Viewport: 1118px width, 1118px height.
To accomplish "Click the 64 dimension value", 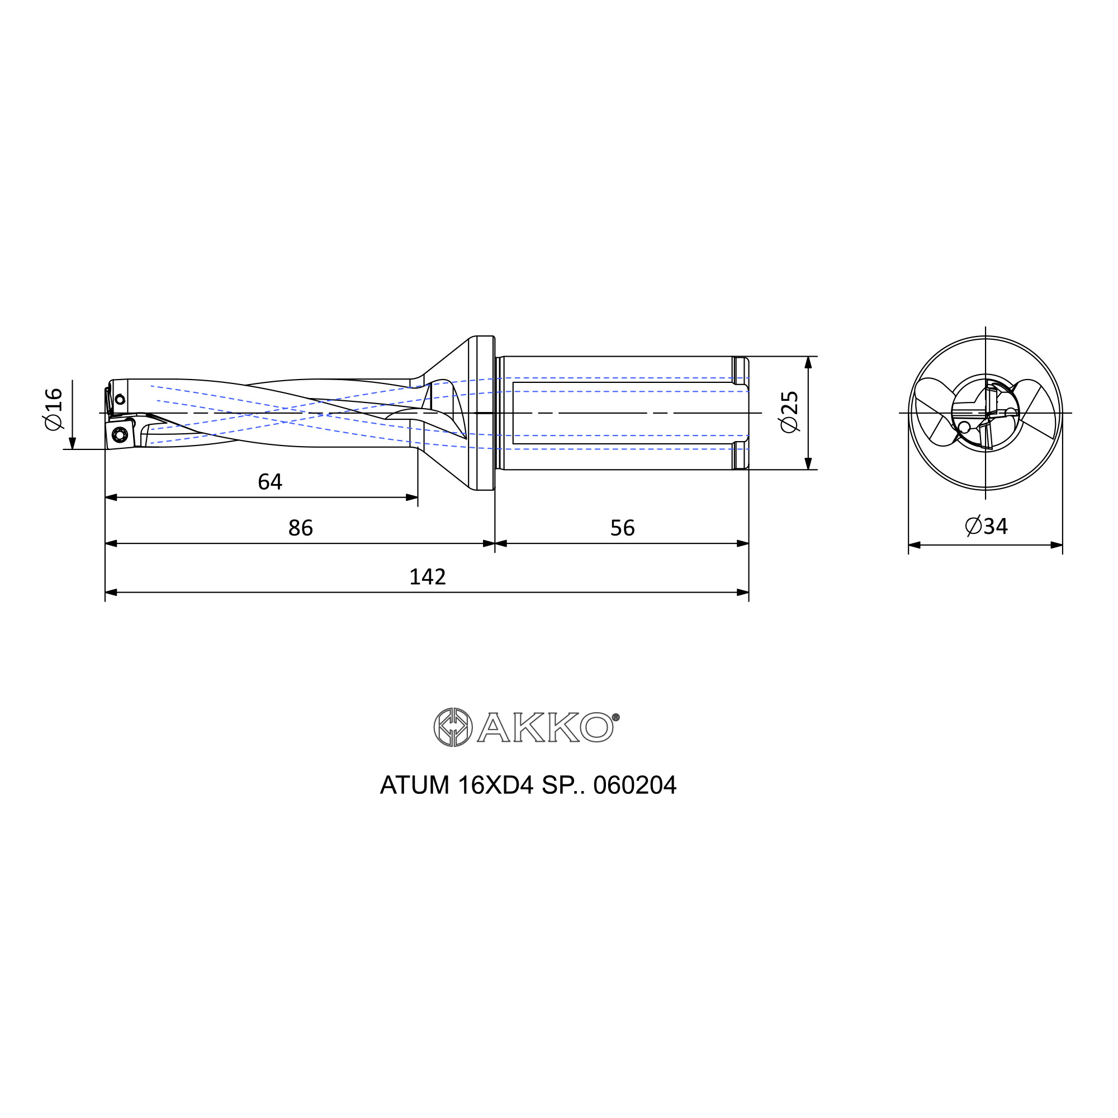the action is [x=269, y=482].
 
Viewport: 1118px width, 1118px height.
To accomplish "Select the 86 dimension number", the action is [x=300, y=528].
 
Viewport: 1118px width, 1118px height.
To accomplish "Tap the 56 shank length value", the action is [x=623, y=528].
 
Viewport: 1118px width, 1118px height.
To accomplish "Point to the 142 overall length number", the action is [x=428, y=577].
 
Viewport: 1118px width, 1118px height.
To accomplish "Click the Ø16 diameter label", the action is [x=53, y=409].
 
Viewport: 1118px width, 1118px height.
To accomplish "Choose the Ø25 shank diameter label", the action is [x=789, y=411].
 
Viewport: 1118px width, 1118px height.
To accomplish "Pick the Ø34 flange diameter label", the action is [x=987, y=526].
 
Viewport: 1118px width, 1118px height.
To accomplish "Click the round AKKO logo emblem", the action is [x=453, y=727].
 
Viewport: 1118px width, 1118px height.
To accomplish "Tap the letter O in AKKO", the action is [x=596, y=727].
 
